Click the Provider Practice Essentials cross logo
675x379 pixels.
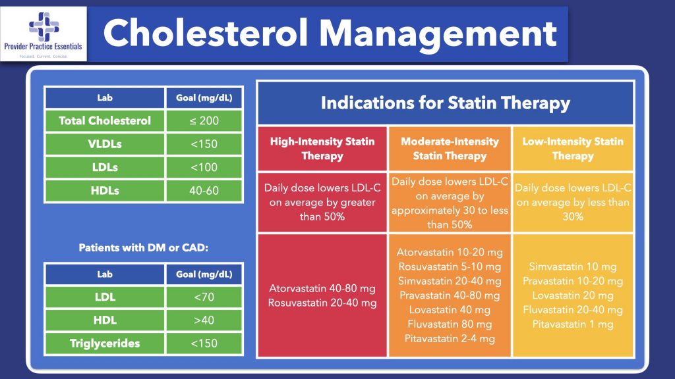[x=45, y=25]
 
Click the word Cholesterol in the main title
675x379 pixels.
[x=211, y=33]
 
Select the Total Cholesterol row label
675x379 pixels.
[x=105, y=120]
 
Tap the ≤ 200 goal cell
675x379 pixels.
[x=204, y=120]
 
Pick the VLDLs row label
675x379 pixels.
[x=105, y=144]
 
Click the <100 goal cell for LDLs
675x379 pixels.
[x=204, y=168]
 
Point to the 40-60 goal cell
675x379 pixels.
[x=204, y=191]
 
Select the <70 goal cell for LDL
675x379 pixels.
[x=204, y=297]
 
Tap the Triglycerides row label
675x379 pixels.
[x=105, y=343]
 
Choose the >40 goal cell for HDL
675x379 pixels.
[x=204, y=320]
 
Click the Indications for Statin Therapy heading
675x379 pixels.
[x=445, y=103]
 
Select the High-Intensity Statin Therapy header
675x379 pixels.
[x=322, y=149]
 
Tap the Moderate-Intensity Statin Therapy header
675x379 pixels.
[x=450, y=149]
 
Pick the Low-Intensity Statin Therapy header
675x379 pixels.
[x=572, y=149]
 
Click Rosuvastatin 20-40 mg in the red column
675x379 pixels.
[x=322, y=303]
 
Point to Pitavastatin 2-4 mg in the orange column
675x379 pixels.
[x=450, y=339]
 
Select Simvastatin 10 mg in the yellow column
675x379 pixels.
[x=572, y=266]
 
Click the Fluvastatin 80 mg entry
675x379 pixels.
[x=450, y=324]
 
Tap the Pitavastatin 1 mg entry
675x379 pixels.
[x=572, y=324]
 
